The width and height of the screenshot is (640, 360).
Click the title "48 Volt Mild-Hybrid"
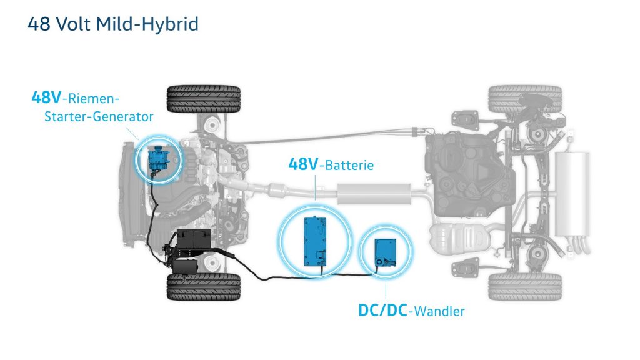coord(113,24)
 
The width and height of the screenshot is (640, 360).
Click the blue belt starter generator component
coord(158,159)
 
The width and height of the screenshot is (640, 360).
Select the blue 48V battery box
coord(315,241)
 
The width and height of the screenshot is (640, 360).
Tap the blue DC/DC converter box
coord(385,252)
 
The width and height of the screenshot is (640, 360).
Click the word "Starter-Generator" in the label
coord(99,116)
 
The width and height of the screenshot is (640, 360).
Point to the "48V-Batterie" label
coord(331,164)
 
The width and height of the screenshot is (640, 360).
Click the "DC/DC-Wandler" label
coord(411,311)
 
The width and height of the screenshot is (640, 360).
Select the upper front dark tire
coord(203,99)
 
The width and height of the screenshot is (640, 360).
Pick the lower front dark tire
coord(203,287)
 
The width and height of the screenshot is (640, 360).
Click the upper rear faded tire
coord(525,99)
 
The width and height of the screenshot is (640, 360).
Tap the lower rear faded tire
coord(525,286)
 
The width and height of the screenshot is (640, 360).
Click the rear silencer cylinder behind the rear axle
coord(572,194)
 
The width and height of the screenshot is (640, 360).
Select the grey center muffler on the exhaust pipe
coord(374,194)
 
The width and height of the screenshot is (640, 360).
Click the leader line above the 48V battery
coord(315,187)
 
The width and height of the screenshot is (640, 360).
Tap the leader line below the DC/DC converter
coord(386,291)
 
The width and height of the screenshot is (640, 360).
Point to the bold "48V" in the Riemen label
coord(46,97)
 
